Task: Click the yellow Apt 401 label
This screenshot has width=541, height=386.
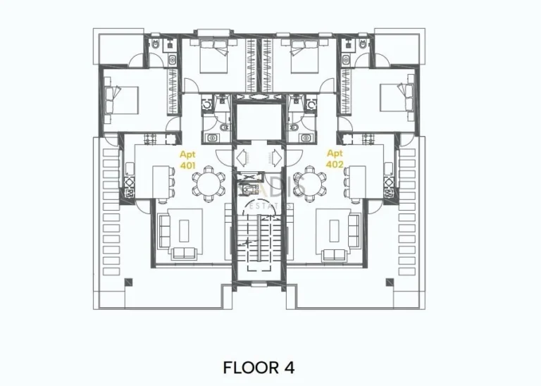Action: point(187,160)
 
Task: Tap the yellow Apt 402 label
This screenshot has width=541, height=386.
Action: point(335,158)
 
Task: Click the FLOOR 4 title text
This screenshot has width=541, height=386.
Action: point(259,367)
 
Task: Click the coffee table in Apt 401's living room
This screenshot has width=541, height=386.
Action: point(185,230)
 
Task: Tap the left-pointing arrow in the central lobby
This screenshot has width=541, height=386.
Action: point(242,156)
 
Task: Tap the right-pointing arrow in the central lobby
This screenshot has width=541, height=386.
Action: point(275,156)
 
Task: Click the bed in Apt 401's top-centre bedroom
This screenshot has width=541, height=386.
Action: point(212,56)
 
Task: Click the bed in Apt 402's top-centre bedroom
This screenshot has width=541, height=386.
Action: point(305,56)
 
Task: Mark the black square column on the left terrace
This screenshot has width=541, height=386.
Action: point(128,282)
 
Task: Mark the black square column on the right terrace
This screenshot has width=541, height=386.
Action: point(389,282)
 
